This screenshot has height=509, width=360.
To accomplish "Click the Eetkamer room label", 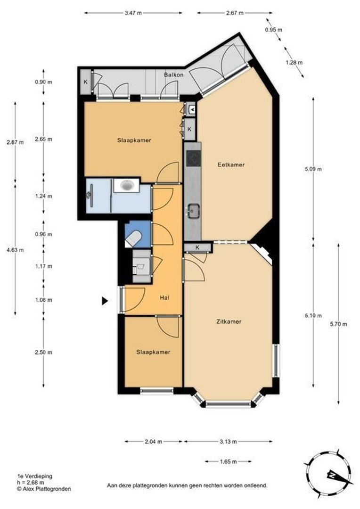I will (231, 165).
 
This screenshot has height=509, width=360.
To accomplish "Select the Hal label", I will (164, 297).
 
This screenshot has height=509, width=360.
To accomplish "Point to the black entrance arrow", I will (105, 301).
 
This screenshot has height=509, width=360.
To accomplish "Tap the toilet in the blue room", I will (133, 238).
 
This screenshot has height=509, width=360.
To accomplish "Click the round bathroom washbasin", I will (127, 185).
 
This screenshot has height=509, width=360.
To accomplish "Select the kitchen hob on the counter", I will (193, 159).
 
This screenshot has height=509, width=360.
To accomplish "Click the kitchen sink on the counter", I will (193, 211).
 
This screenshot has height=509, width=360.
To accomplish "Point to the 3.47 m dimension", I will (133, 13).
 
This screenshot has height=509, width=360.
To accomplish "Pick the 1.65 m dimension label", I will (228, 462).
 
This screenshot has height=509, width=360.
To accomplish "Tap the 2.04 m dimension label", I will (153, 442).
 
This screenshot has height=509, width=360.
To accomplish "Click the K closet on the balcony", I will (85, 82).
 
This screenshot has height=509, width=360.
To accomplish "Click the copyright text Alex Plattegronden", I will (43, 489).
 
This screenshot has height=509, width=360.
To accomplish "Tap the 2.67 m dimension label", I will (234, 13).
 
